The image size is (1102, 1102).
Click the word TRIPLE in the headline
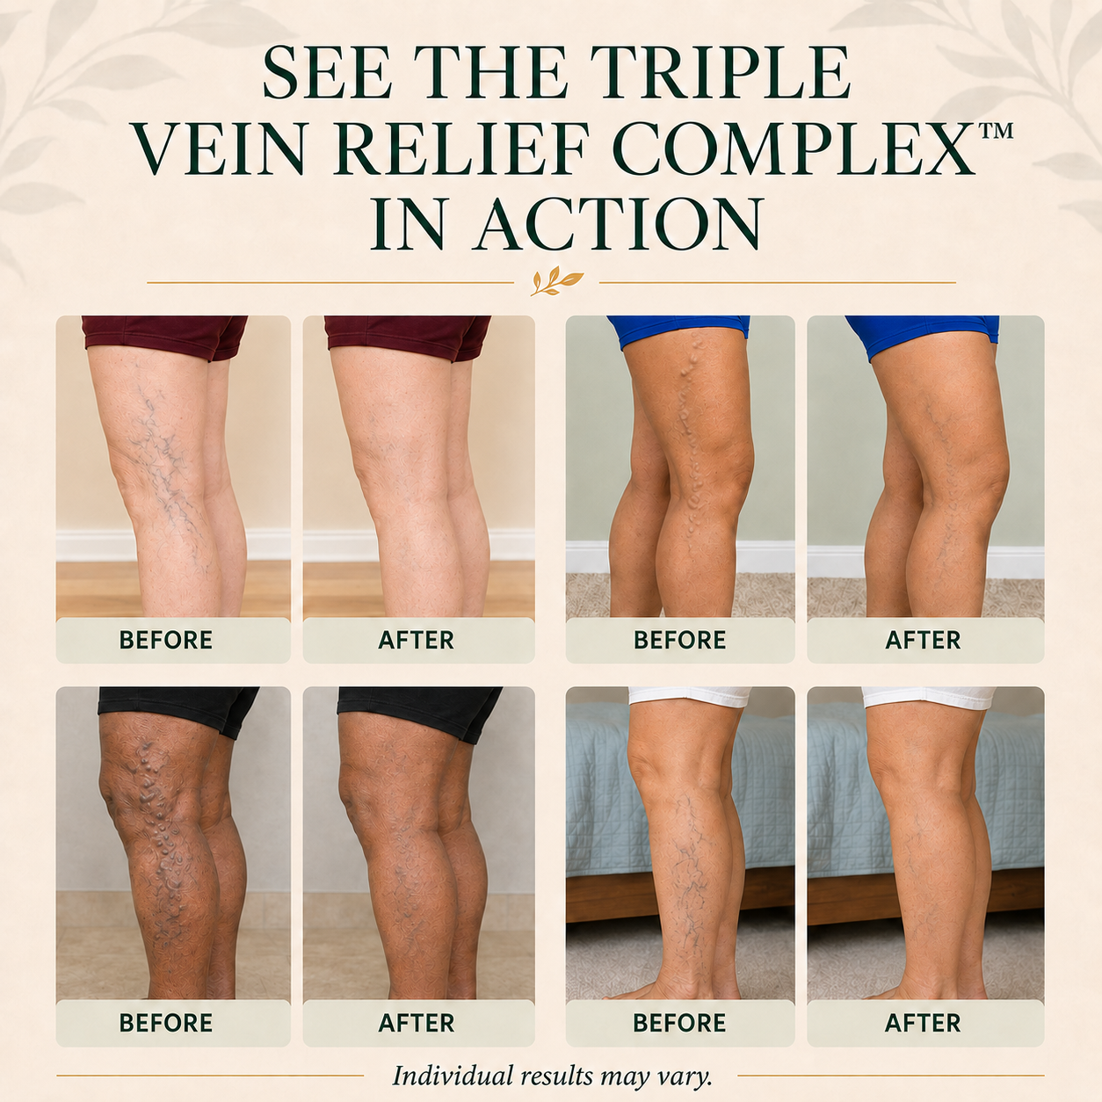click(720, 73)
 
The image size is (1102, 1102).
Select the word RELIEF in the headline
click(461, 149)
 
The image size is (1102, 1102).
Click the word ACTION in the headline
click(619, 224)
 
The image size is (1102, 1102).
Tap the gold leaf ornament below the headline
click(556, 281)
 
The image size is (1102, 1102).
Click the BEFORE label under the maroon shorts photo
click(166, 640)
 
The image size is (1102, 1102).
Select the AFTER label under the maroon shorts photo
click(417, 640)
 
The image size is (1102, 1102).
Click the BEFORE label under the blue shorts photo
click(680, 640)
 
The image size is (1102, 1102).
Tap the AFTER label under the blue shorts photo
click(923, 640)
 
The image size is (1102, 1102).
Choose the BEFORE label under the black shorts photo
click(166, 1023)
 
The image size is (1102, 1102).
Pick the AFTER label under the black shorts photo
click(417, 1023)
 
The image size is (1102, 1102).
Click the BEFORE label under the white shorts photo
click(680, 1023)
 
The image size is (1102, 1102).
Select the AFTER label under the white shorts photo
click(923, 1023)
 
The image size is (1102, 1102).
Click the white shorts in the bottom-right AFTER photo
click(929, 697)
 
